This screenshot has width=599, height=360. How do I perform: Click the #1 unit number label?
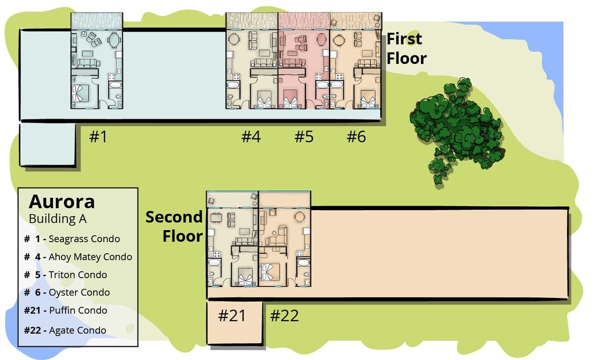click(x=98, y=137)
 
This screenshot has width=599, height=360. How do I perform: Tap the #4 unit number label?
click(x=251, y=137)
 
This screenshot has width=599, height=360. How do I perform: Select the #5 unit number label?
click(x=304, y=137)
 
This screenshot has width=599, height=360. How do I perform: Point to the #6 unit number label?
click(x=356, y=137)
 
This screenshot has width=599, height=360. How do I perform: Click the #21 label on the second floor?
click(x=232, y=316)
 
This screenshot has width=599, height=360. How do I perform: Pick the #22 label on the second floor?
click(x=284, y=316)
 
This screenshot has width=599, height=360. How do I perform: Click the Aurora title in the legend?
click(x=62, y=202)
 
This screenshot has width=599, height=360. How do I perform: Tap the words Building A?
click(x=57, y=219)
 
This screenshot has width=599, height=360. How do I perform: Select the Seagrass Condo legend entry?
click(x=72, y=239)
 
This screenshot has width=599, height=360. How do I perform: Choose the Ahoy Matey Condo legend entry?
click(x=78, y=257)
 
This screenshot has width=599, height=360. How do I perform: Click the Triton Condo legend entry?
click(x=65, y=275)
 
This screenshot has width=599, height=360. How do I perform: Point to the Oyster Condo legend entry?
click(x=67, y=292)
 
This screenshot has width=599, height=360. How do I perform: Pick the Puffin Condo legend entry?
click(x=65, y=310)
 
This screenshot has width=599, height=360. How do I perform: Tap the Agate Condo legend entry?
click(x=65, y=331)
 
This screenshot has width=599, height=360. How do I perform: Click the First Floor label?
click(x=406, y=48)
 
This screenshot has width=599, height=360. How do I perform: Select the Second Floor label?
click(x=174, y=227)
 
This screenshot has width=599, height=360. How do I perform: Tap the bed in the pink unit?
click(x=291, y=99)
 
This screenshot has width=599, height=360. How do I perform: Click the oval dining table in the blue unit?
click(x=114, y=40)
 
